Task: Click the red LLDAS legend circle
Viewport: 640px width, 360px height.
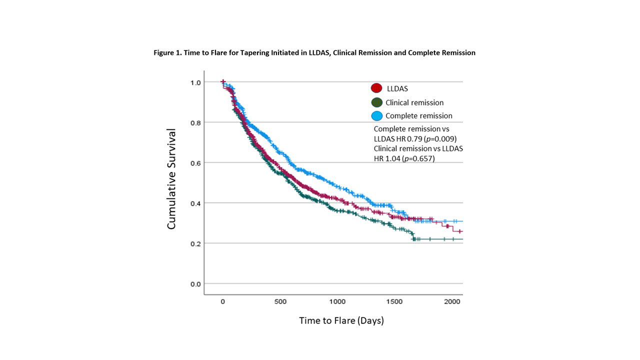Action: click(376, 88)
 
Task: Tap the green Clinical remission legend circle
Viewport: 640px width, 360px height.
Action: click(376, 102)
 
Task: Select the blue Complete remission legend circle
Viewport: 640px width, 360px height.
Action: click(376, 116)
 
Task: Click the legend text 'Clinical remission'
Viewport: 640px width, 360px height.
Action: click(414, 102)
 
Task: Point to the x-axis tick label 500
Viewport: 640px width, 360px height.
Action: click(280, 302)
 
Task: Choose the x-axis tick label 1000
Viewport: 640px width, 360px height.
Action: click(337, 302)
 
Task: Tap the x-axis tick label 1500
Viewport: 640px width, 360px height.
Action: click(395, 302)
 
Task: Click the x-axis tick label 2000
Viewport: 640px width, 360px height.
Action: click(452, 302)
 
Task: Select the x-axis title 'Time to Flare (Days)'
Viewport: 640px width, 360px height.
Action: click(341, 320)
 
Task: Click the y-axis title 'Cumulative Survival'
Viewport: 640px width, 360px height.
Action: click(171, 179)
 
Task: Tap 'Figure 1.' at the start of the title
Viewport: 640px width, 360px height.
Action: click(167, 52)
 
